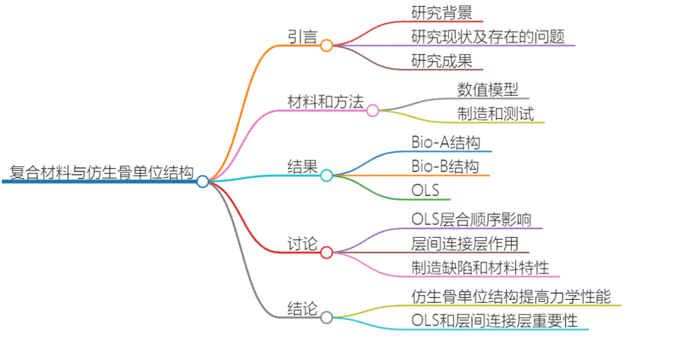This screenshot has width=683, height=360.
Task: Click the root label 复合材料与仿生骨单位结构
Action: click(101, 172)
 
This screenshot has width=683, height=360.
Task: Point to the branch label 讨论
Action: click(303, 244)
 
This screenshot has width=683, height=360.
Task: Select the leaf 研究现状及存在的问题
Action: click(488, 36)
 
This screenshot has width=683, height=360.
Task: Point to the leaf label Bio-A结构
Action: click(446, 143)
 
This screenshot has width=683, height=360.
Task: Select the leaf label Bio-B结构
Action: click(445, 166)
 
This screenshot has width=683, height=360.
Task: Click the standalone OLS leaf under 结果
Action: click(425, 190)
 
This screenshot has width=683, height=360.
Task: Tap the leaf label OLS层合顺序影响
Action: click(471, 219)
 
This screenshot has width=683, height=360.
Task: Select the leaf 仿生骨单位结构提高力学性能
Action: click(511, 296)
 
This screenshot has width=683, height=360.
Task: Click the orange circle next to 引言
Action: click(326, 46)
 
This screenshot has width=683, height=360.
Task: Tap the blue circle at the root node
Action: click(202, 182)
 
